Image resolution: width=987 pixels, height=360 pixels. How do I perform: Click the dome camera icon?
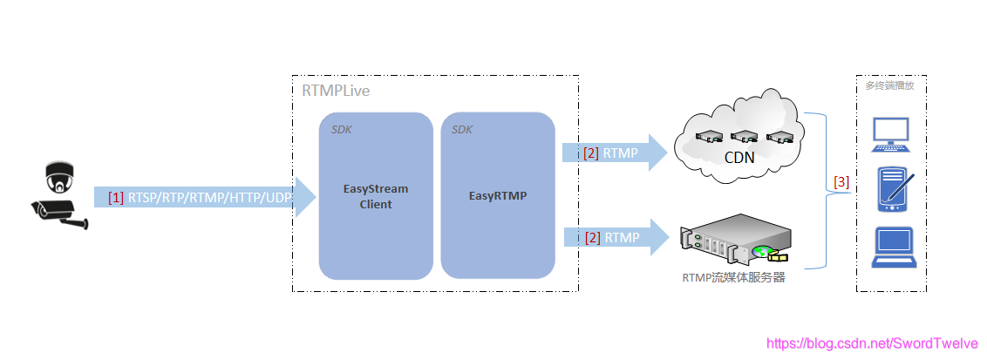(58, 177)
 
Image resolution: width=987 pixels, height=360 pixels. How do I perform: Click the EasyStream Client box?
(376, 196)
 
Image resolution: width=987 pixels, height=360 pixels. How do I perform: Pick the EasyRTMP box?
(497, 196)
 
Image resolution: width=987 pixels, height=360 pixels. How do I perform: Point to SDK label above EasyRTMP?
(462, 130)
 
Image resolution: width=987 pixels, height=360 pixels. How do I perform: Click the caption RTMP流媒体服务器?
(734, 279)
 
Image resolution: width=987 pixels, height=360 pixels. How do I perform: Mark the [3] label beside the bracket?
(841, 182)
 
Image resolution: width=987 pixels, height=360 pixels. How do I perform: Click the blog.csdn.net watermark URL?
(872, 344)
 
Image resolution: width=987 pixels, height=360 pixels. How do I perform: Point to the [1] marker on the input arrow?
(116, 198)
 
